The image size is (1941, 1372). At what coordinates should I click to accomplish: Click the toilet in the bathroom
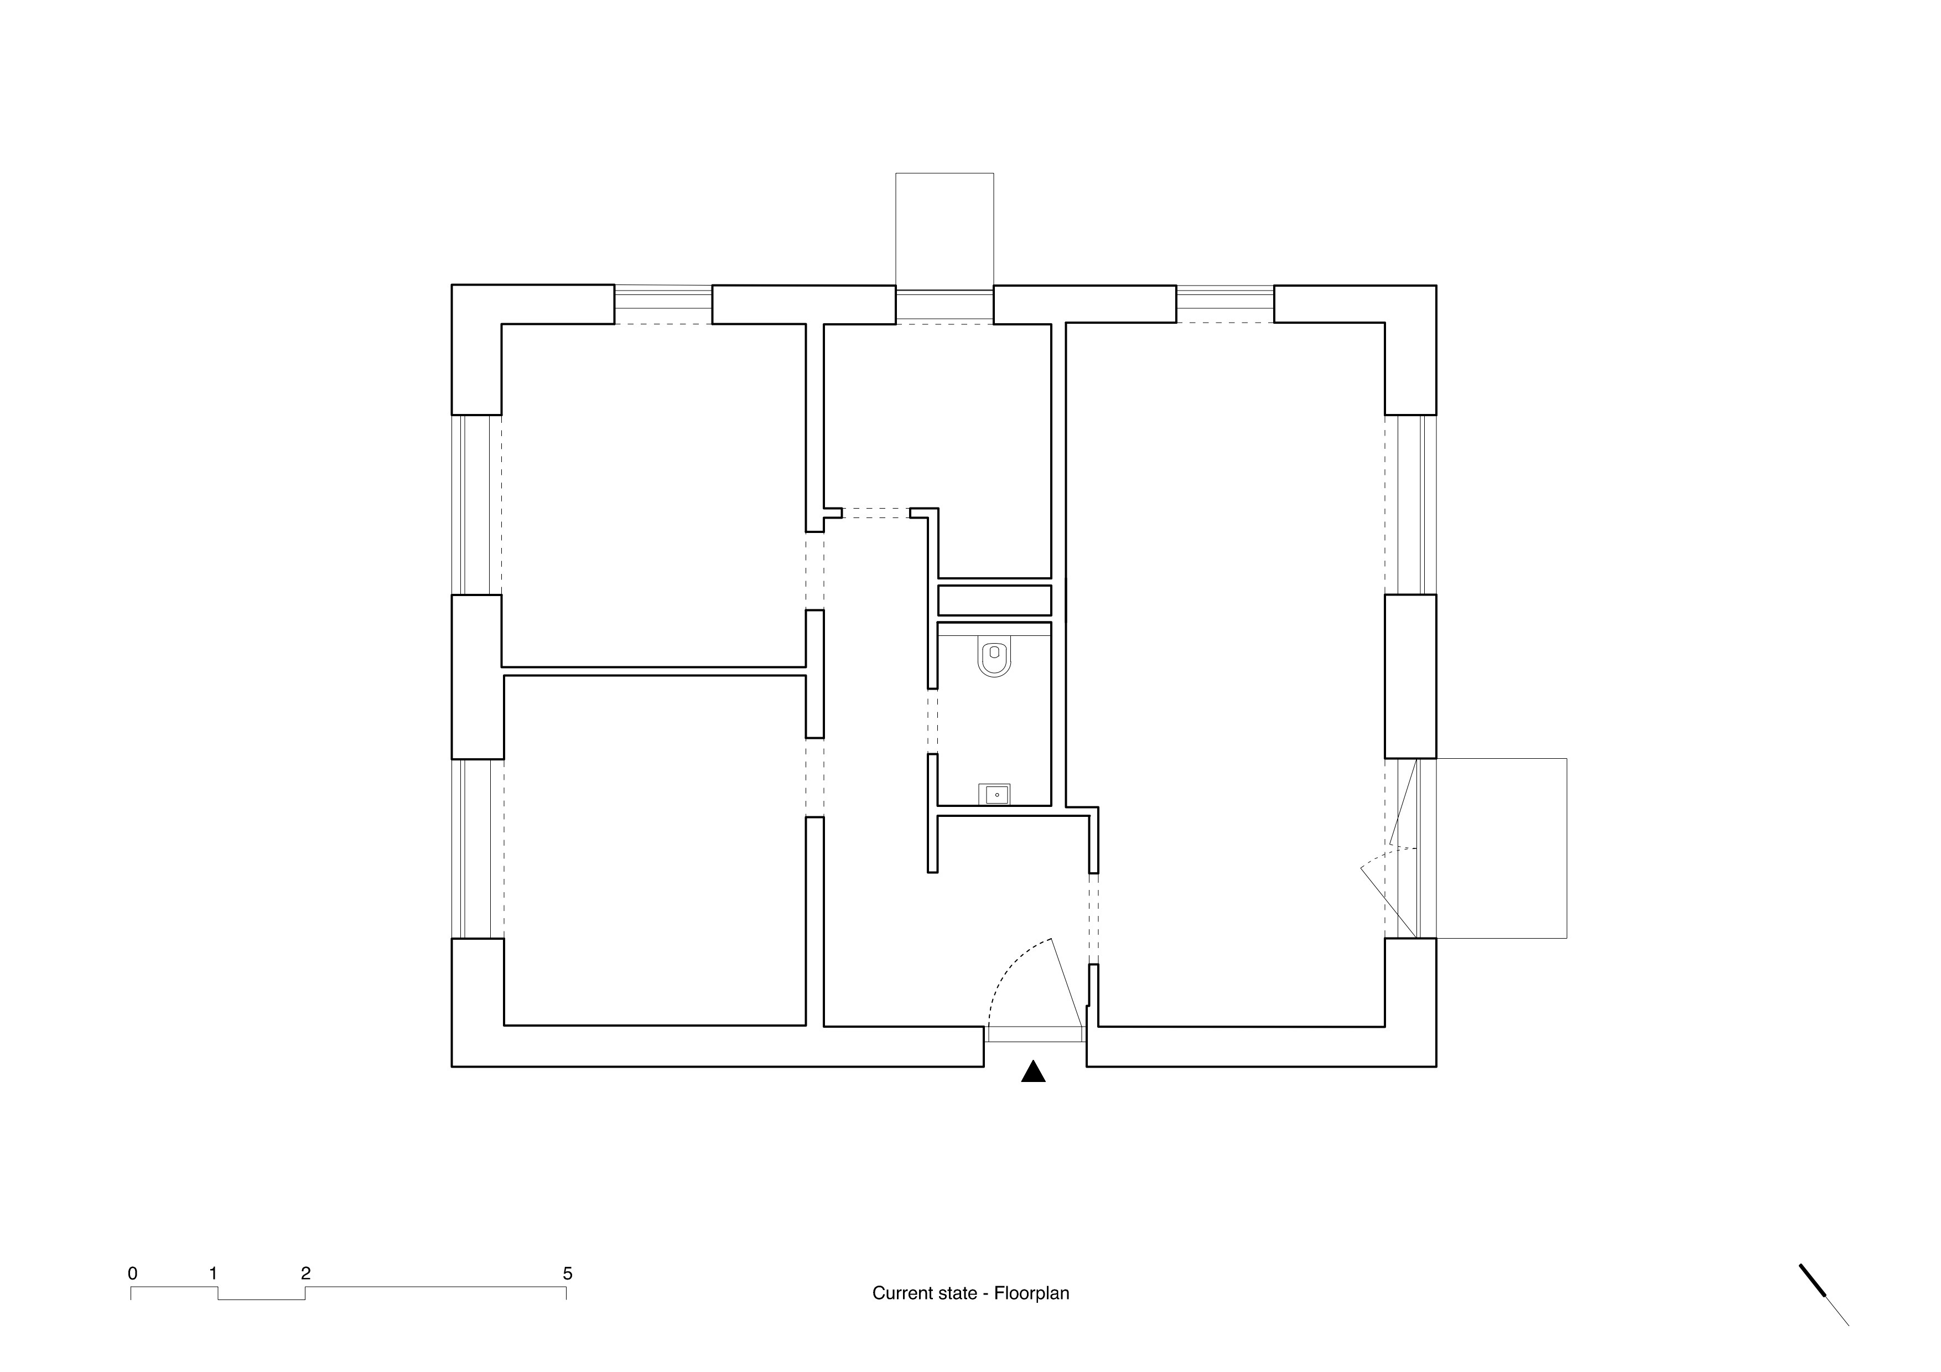tap(994, 659)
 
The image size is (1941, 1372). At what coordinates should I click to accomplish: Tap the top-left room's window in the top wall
tap(663, 304)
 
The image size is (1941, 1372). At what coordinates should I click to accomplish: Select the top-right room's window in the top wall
tap(1225, 304)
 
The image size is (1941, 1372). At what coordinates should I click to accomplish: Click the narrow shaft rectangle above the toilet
tap(994, 600)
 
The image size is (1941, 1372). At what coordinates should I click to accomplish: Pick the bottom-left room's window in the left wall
tap(478, 849)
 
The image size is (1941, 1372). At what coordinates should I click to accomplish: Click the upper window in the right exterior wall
tap(1410, 505)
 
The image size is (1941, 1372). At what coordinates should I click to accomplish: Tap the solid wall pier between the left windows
tap(478, 677)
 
